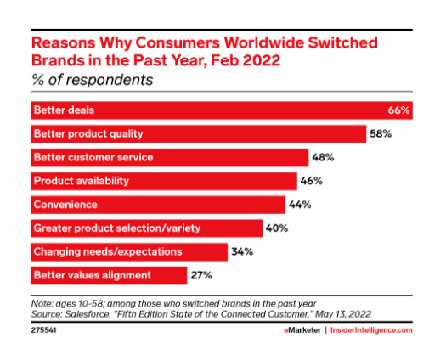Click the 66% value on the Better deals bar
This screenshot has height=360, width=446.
(398, 110)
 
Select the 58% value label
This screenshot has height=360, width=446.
(381, 133)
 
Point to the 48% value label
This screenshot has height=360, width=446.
(323, 157)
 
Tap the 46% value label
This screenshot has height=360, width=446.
(312, 181)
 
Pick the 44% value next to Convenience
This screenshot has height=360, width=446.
(300, 205)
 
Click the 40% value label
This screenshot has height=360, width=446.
(277, 228)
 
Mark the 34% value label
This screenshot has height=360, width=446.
(242, 251)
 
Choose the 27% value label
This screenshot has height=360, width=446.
(201, 275)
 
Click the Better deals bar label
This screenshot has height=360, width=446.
(64, 110)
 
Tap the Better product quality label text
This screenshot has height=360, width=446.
(88, 134)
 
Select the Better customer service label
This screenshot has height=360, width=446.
(93, 157)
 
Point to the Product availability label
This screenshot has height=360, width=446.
(82, 181)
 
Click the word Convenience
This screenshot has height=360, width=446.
(65, 205)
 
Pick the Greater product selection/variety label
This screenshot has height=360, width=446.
(117, 228)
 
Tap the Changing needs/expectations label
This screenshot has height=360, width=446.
(108, 252)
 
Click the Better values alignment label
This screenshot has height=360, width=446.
(93, 276)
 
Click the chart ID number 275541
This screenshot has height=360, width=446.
(44, 330)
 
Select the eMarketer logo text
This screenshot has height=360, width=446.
(302, 330)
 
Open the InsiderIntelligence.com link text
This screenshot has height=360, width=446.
(371, 330)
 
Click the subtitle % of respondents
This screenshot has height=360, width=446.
(93, 80)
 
